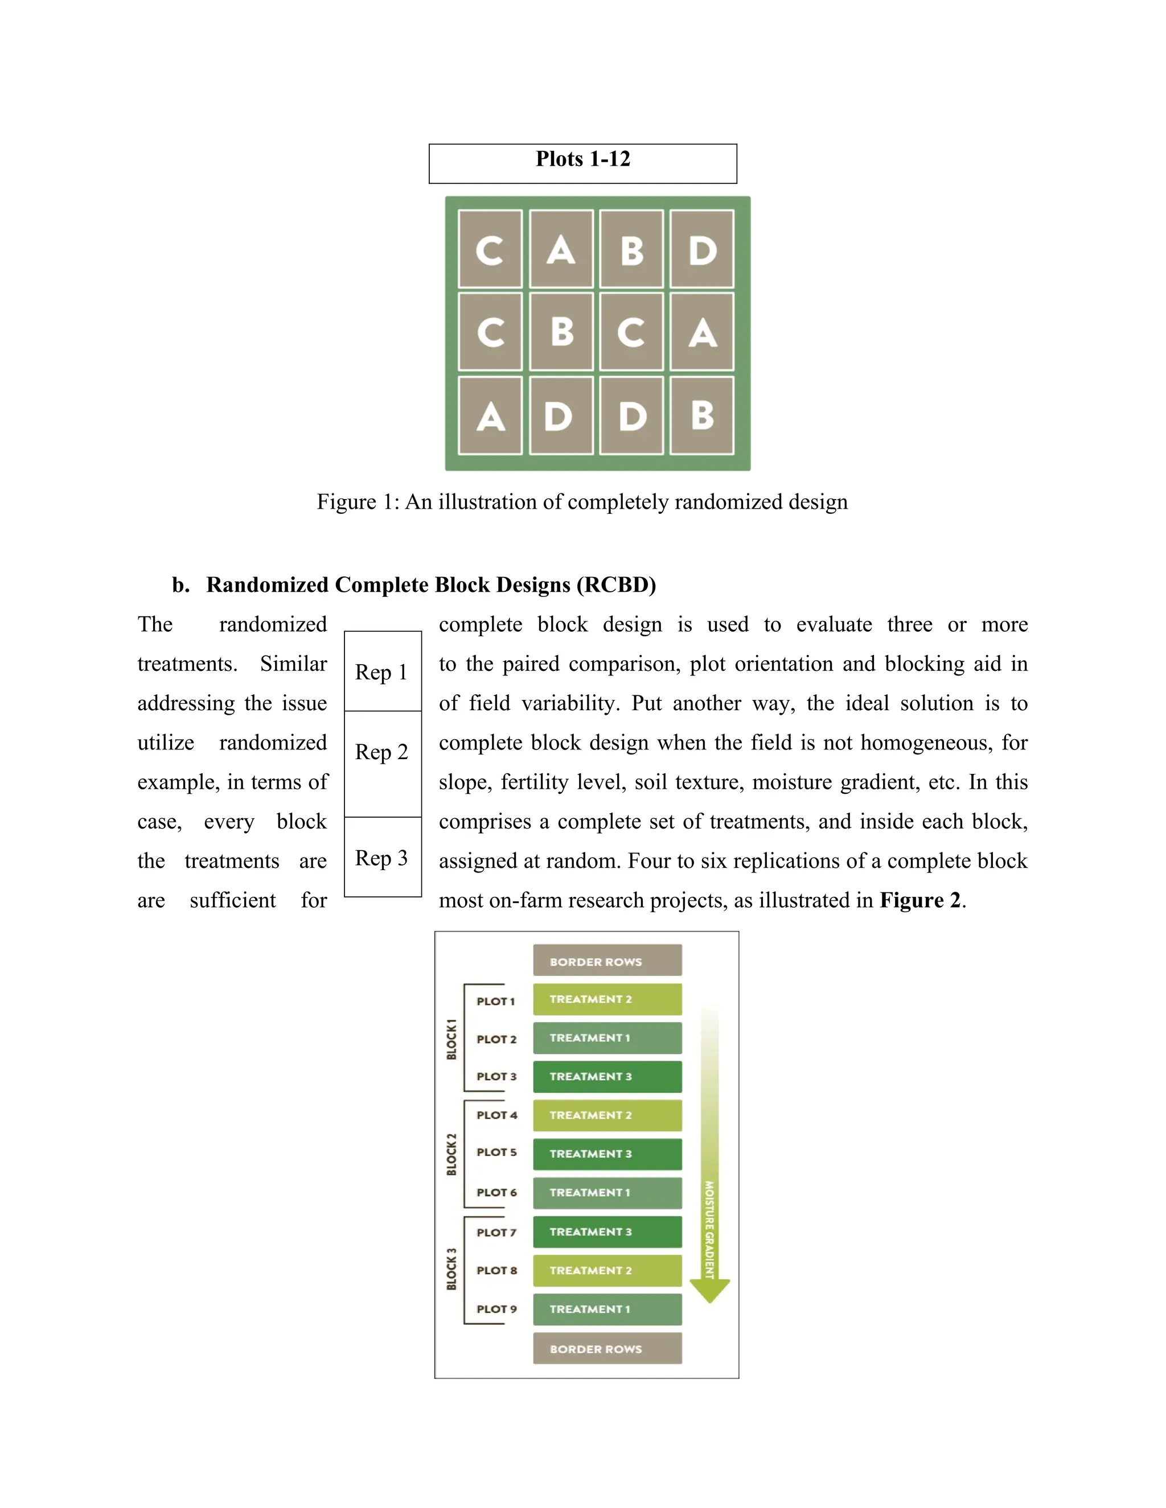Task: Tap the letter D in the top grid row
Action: (x=702, y=249)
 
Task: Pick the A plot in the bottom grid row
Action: (x=490, y=415)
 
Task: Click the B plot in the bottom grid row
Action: (x=702, y=415)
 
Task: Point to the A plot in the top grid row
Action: (x=561, y=249)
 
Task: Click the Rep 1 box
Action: (x=382, y=671)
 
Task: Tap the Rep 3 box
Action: (x=382, y=858)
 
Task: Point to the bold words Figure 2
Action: (x=919, y=900)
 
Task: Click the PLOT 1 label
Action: (x=495, y=1001)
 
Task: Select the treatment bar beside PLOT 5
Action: (x=606, y=1154)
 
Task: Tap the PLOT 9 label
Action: (x=496, y=1309)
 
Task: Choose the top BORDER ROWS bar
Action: (x=606, y=961)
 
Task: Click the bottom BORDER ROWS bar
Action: (x=606, y=1349)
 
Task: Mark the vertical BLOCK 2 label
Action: (x=451, y=1155)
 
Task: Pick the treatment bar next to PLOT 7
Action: (x=606, y=1232)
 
